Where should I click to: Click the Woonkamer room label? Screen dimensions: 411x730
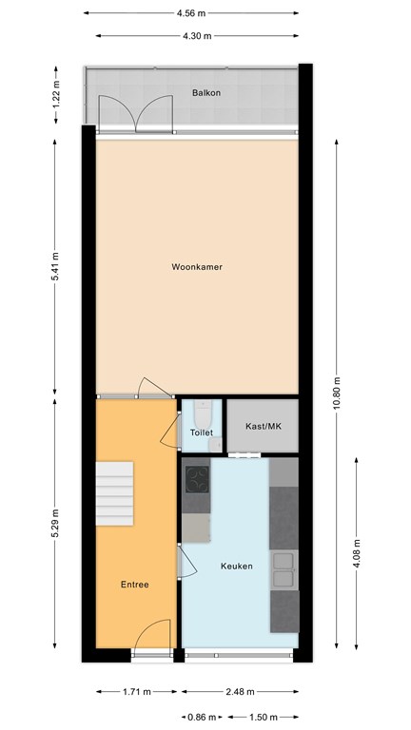[x=197, y=267]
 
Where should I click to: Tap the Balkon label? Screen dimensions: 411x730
[x=206, y=93]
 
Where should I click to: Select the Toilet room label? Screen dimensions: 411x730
[x=202, y=432]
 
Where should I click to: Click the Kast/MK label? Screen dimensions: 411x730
[x=264, y=426]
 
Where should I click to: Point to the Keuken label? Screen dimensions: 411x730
[x=237, y=567]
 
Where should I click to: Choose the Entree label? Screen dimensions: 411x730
[x=135, y=585]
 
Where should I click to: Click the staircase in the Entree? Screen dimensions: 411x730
[x=114, y=493]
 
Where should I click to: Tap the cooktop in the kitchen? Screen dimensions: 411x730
[x=197, y=479]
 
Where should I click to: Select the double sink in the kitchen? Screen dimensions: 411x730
[x=284, y=570]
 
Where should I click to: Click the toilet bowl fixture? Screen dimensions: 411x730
[x=203, y=413]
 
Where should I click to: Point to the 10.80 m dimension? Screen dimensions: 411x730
[x=337, y=393]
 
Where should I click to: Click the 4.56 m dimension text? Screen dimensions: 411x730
[x=191, y=13]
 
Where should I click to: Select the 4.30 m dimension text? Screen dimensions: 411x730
[x=198, y=35]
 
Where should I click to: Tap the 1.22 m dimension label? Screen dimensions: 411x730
[x=56, y=95]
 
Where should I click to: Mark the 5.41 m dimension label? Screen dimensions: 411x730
[x=55, y=267]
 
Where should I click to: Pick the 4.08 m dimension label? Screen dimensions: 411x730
[x=357, y=553]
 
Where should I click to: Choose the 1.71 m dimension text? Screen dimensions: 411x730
[x=137, y=692]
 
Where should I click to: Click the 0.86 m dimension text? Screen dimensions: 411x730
[x=203, y=717]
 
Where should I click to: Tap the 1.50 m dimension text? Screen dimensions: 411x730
[x=264, y=717]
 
